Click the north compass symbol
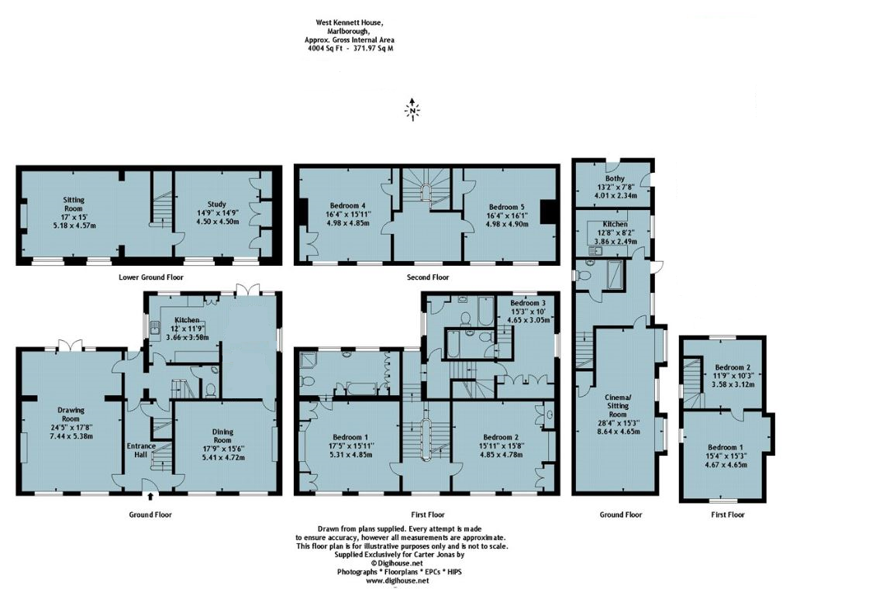click(413, 110)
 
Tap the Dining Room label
click(223, 433)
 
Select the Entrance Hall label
click(142, 450)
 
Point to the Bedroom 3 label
click(527, 303)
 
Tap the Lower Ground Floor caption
click(151, 277)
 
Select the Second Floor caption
click(429, 277)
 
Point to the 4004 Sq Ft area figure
click(326, 48)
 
